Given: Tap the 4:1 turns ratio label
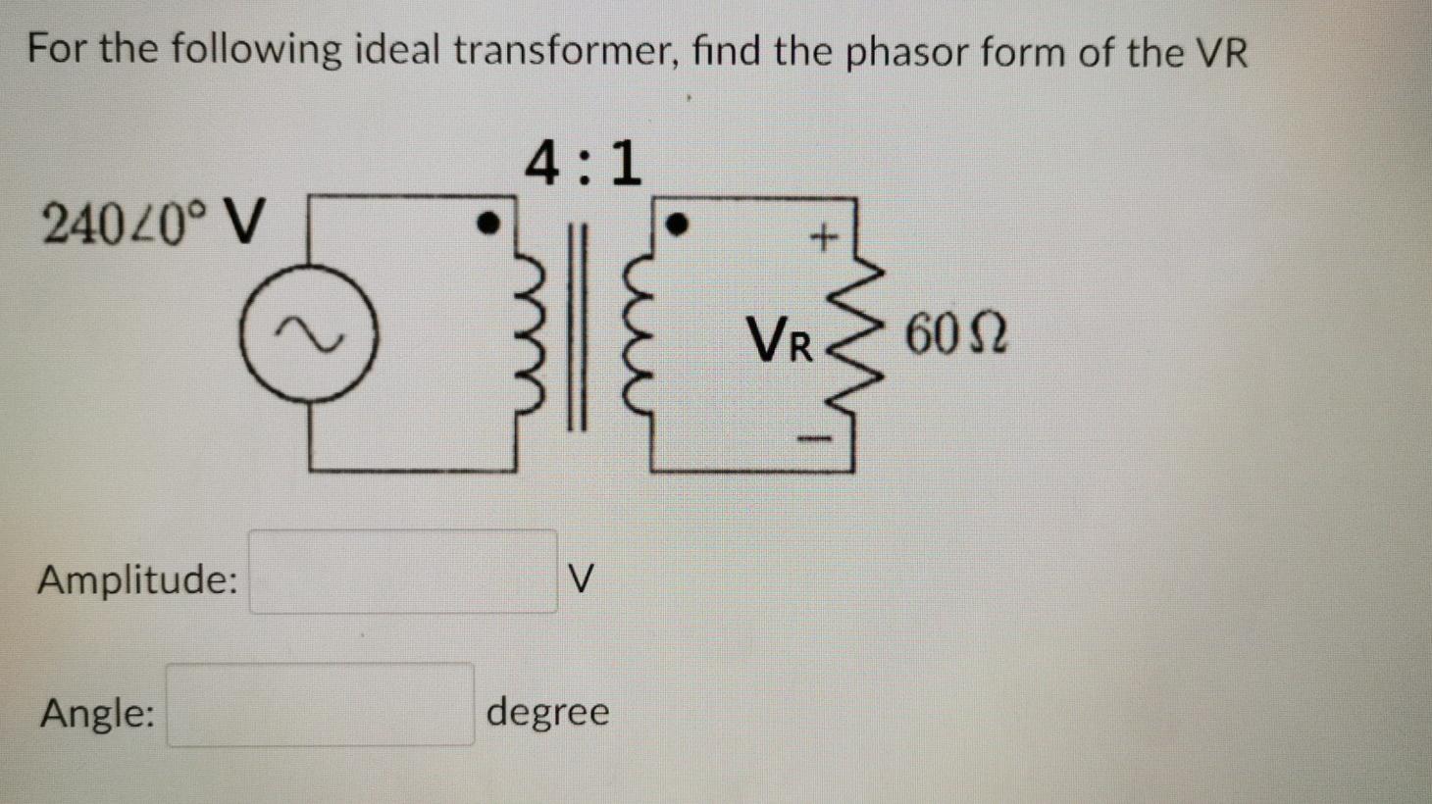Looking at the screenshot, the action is (584, 163).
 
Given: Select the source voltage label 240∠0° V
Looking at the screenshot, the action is (154, 223).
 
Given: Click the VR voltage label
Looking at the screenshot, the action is (781, 340).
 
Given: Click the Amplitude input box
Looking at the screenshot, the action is (403, 572).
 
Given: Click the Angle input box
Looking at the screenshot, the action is (320, 704).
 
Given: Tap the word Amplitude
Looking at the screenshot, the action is (137, 579).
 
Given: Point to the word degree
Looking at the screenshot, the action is (547, 711).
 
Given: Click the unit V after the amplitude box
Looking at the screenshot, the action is (581, 578).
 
